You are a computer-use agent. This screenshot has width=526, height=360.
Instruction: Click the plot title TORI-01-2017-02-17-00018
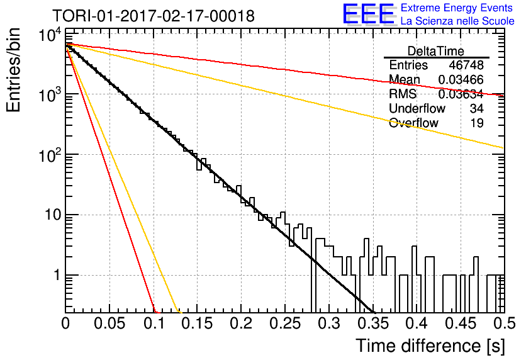tap(154, 16)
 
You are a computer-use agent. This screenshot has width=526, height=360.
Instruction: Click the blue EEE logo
tap(369, 14)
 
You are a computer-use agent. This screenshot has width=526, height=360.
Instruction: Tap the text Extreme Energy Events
tap(457, 8)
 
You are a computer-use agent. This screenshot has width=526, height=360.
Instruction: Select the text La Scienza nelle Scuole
tap(457, 21)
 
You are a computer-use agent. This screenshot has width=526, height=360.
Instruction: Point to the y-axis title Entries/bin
tap(13, 70)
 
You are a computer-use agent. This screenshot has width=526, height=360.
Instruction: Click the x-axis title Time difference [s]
tap(430, 346)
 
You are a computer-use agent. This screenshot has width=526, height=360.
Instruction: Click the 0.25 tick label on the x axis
tap(285, 323)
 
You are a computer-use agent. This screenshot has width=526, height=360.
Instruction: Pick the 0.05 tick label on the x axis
tap(109, 323)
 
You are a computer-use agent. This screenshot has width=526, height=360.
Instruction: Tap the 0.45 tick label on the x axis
tap(461, 323)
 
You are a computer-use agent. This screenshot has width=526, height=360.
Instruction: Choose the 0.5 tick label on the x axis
tap(504, 323)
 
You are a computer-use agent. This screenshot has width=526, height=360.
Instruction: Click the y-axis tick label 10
tap(53, 215)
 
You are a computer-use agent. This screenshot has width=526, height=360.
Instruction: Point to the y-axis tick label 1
tap(57, 275)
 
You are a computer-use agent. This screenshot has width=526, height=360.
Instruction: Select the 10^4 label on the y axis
tap(50, 35)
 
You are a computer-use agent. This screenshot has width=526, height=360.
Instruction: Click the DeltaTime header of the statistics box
tap(436, 51)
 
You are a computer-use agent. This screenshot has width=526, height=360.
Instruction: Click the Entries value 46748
tap(466, 65)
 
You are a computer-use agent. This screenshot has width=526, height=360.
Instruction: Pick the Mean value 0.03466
tap(461, 79)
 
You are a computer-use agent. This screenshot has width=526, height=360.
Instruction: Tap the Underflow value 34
tap(477, 108)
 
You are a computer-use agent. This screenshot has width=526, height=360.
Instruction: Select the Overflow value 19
tap(477, 123)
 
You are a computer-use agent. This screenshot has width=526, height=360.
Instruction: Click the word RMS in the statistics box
tap(403, 94)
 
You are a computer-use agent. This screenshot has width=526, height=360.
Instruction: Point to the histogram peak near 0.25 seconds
tap(283, 212)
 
